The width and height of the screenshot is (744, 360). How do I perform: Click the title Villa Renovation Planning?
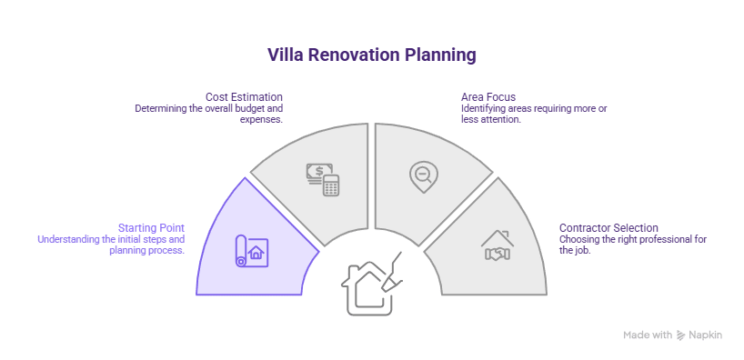371,55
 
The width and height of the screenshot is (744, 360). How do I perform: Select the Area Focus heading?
488,96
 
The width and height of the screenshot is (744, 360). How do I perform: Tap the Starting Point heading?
151,227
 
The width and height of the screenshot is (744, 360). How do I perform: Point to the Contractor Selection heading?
608,227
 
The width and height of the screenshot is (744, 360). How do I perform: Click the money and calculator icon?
322,178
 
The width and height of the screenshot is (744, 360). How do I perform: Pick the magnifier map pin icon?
423,176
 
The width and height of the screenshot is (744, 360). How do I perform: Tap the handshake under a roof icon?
498,246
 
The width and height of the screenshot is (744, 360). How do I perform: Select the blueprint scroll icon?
249,250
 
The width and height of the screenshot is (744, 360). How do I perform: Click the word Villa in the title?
285,55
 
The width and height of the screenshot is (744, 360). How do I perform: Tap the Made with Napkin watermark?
672,335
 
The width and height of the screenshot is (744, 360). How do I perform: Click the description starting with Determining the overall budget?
209,113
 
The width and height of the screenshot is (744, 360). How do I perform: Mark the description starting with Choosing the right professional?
633,244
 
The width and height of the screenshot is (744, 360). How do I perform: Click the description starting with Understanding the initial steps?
110,244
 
